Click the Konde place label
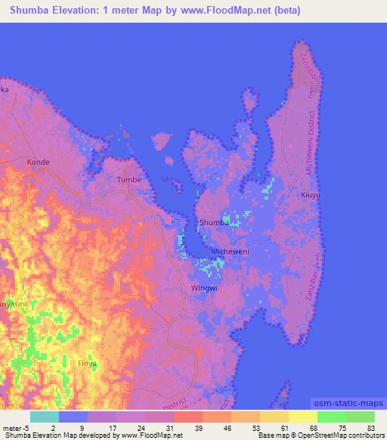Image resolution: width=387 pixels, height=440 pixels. tap(38, 162)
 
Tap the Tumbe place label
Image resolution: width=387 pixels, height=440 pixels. tap(129, 180)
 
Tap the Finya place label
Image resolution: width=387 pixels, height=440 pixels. tap(88, 364)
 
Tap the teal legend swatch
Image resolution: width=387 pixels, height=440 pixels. tap(45, 417)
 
